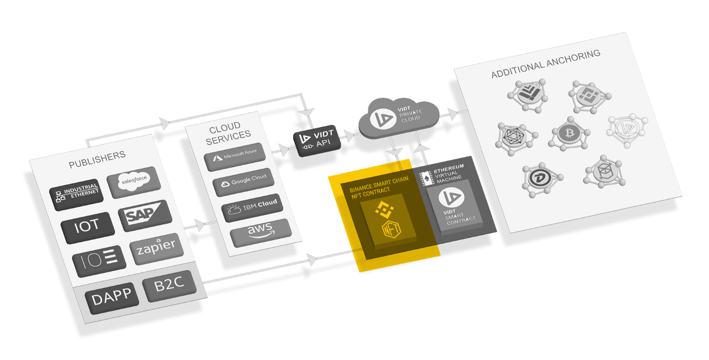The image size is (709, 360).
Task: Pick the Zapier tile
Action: tap(155, 248)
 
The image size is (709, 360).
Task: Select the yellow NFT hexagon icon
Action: tap(390, 229)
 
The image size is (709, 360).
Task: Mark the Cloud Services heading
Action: tap(228, 130)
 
